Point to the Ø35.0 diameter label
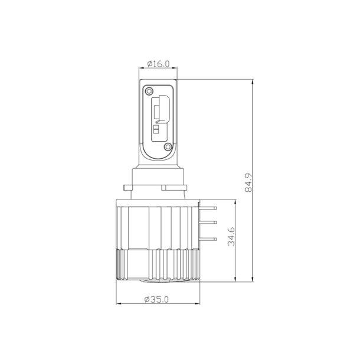pos(157,299)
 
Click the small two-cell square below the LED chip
pos(156,129)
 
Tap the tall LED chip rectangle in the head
pos(158,111)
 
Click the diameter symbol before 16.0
pos(150,63)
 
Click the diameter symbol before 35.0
pos(147,299)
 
